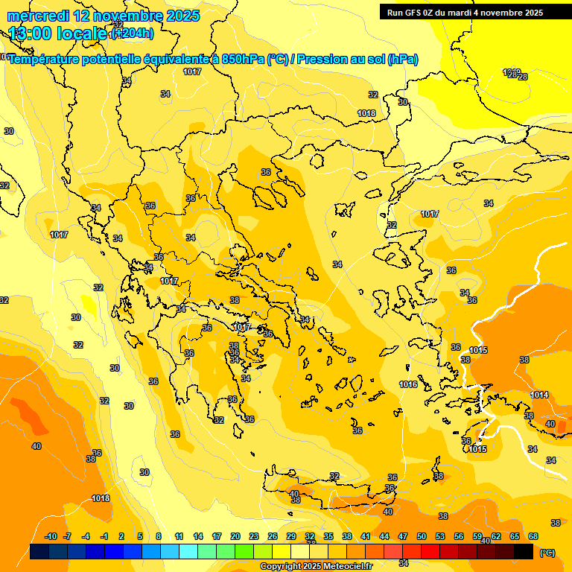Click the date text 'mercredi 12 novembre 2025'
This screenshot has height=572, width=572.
click(x=104, y=16)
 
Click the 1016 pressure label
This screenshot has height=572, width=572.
click(x=407, y=384)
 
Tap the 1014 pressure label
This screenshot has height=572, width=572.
click(x=539, y=395)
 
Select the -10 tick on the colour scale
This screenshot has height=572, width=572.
click(x=51, y=536)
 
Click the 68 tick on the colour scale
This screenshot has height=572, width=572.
click(x=533, y=536)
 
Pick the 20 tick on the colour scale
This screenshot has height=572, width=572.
click(x=235, y=536)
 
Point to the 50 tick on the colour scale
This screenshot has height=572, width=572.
click(x=422, y=536)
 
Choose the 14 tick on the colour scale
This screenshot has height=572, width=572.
click(x=198, y=536)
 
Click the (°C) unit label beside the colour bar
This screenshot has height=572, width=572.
click(x=547, y=552)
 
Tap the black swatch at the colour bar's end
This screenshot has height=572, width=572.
click(x=524, y=552)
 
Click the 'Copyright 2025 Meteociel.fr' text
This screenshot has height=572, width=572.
click(x=316, y=567)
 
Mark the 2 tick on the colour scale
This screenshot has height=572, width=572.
click(x=121, y=536)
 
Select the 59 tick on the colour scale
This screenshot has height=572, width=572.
click(x=477, y=536)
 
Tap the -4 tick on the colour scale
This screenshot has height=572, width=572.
click(x=86, y=536)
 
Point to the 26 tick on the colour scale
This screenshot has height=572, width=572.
click(x=273, y=536)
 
